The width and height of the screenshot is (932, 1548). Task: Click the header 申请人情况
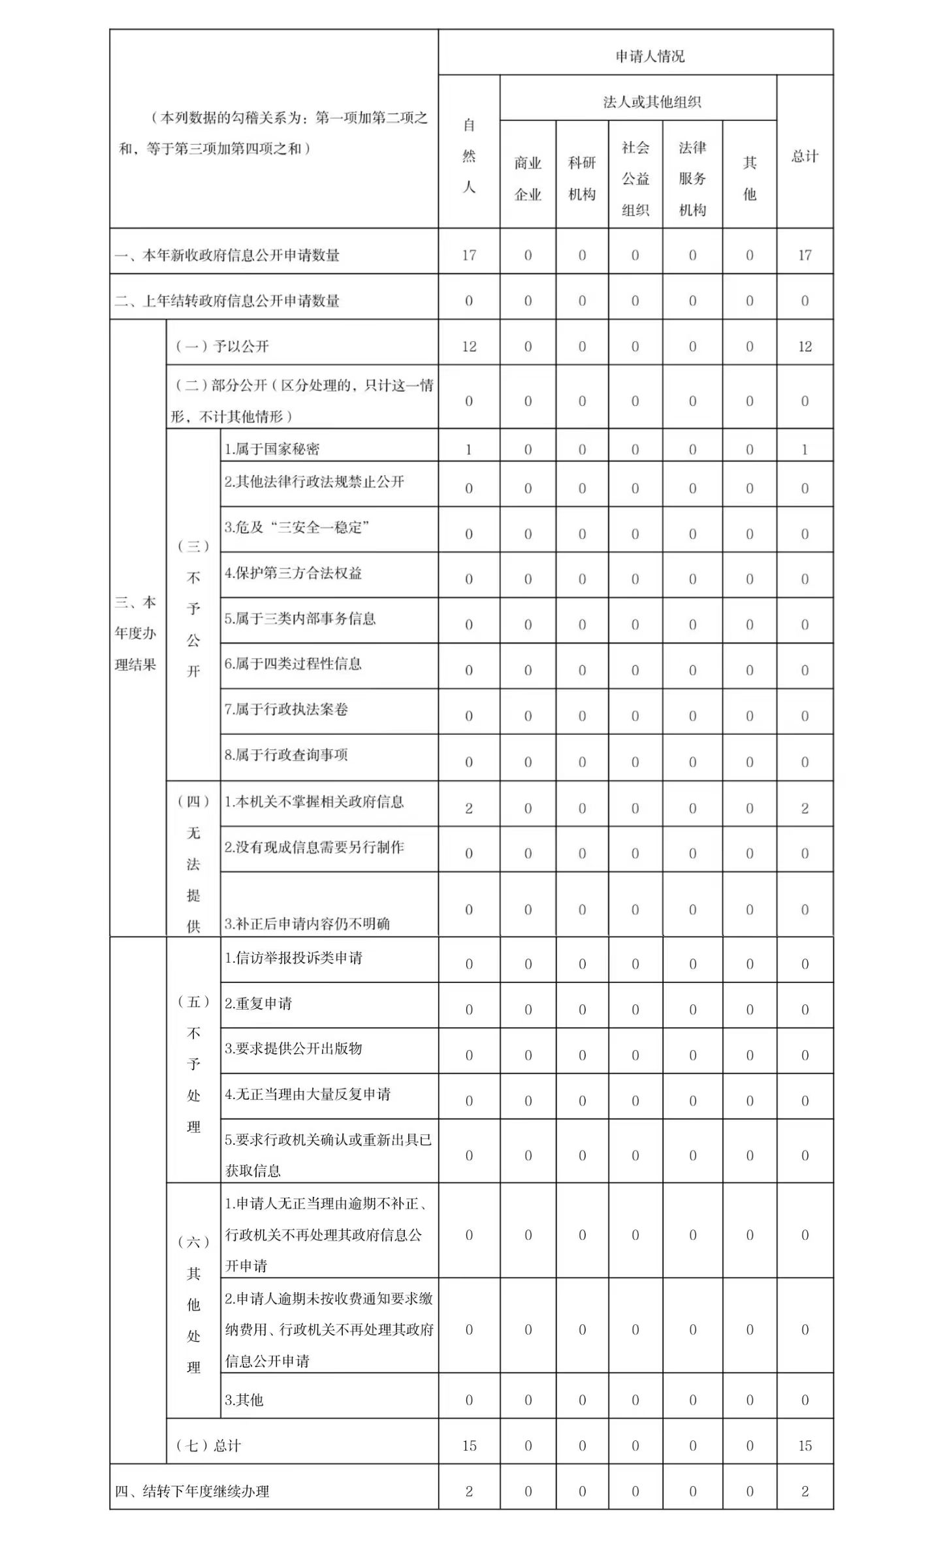650,57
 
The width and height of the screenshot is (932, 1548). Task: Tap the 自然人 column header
469,156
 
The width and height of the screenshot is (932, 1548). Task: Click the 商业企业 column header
528,178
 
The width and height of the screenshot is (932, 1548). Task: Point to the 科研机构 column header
582,178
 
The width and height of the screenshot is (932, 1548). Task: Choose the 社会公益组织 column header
635,178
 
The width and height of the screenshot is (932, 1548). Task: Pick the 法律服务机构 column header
692,178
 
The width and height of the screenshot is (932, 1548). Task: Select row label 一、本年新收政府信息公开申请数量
227,255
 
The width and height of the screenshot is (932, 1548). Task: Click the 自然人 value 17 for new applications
469,255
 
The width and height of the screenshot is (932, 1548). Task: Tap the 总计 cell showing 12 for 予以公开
805,347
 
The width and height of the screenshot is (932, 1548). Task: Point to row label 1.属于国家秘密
272,449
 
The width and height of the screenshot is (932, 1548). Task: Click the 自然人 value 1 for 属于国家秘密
469,450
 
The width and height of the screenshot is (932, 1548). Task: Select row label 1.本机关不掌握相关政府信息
314,802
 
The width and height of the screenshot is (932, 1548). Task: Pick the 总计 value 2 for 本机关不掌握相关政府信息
805,809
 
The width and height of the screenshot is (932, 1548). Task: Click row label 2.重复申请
259,1003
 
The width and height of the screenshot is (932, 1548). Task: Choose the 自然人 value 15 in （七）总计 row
469,1446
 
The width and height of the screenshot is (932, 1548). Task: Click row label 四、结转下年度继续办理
192,1491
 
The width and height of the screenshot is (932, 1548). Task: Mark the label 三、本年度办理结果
136,633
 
